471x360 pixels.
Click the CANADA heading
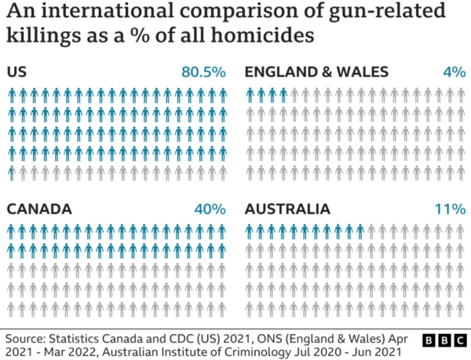click(x=39, y=209)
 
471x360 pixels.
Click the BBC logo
click(x=444, y=340)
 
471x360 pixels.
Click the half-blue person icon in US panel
click(x=12, y=171)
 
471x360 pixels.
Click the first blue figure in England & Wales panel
click(x=250, y=96)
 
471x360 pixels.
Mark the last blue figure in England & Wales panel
click(x=283, y=96)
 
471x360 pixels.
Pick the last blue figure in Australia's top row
click(x=360, y=231)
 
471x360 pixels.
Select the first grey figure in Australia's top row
click(x=371, y=231)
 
